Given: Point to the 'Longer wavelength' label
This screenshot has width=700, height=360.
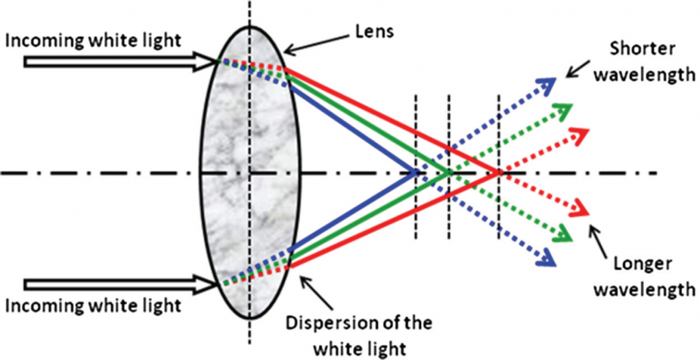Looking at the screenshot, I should click(641, 277).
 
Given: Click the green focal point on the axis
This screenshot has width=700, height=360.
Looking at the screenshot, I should click(448, 171).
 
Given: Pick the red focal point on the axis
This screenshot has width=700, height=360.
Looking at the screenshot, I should click(498, 171).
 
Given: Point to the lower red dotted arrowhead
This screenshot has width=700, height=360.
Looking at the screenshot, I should click(581, 209).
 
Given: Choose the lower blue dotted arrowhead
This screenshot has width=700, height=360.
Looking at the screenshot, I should click(548, 258).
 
